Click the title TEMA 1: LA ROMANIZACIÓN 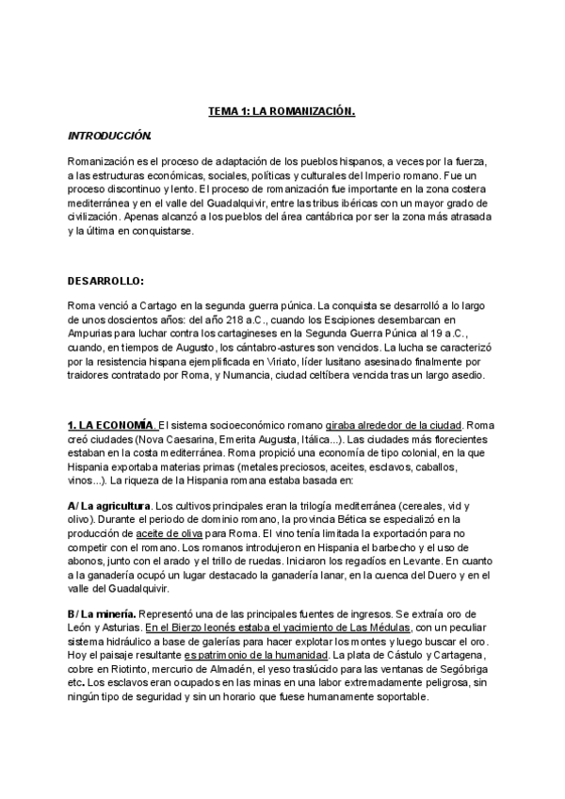(x=282, y=111)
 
